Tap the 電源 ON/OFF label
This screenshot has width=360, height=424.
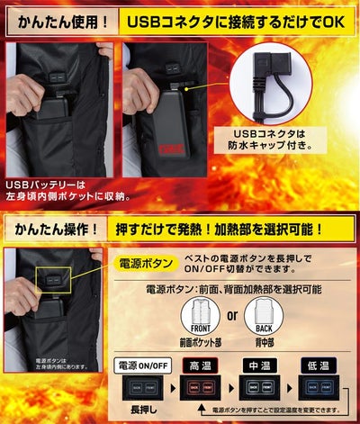141,365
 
